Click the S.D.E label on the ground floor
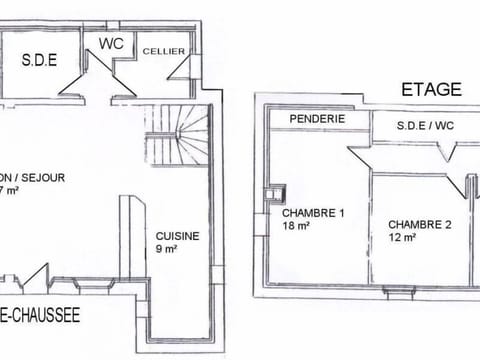[39, 60]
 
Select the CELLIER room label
[161, 52]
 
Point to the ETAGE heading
[431, 89]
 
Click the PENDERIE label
[317, 118]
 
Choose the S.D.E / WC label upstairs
[425, 126]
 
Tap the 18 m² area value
[296, 227]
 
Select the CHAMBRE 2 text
[419, 225]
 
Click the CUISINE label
[178, 236]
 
